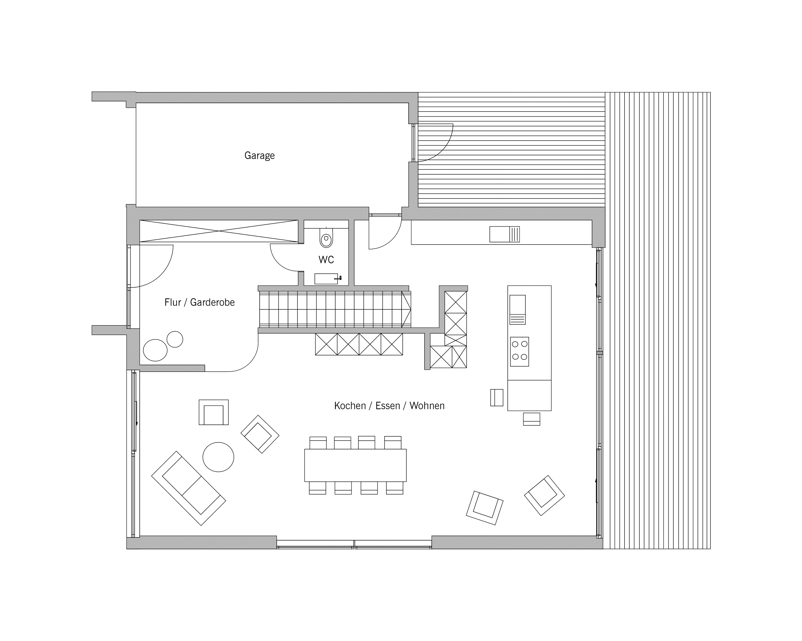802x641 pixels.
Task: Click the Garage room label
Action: pyautogui.click(x=259, y=155)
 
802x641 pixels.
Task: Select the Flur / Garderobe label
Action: pyautogui.click(x=199, y=302)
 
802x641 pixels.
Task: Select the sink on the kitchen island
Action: pyautogui.click(x=518, y=310)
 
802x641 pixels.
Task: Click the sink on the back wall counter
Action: pyautogui.click(x=505, y=234)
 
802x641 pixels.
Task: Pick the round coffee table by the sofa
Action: pyautogui.click(x=218, y=457)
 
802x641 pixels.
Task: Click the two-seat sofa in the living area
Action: pyautogui.click(x=189, y=488)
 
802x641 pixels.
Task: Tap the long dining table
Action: pyautogui.click(x=355, y=465)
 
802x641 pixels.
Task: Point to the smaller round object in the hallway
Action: pyautogui.click(x=175, y=339)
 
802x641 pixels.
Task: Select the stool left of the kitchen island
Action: pyautogui.click(x=496, y=397)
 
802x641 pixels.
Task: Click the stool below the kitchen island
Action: pyautogui.click(x=532, y=419)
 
